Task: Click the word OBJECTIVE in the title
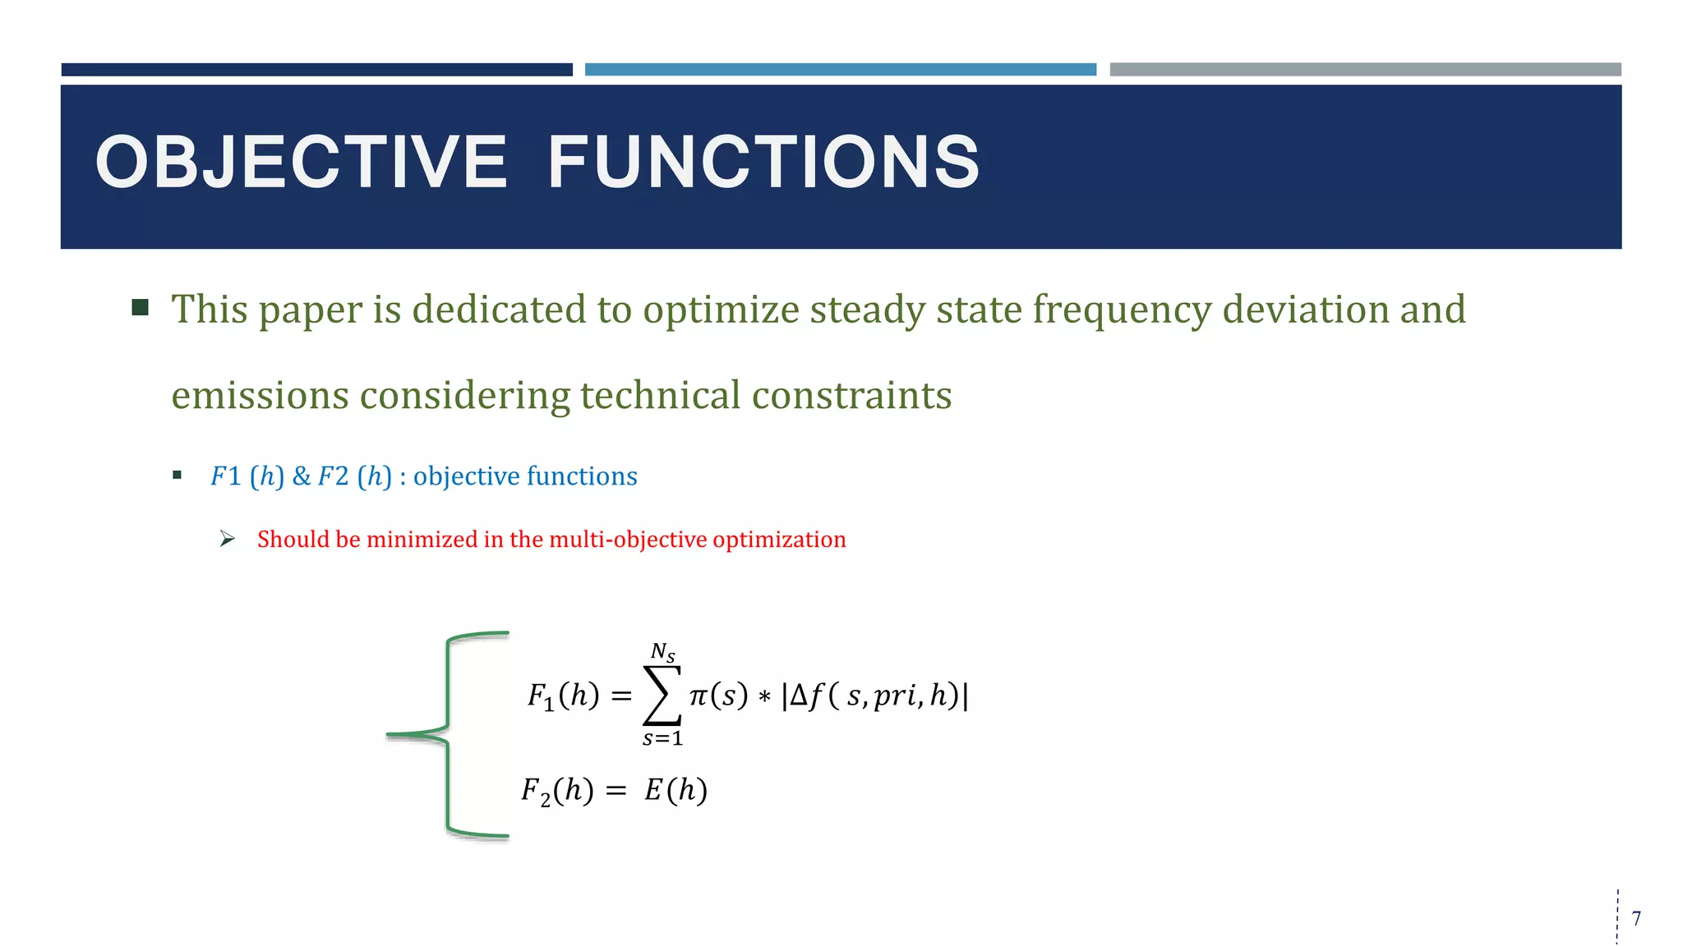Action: (x=302, y=163)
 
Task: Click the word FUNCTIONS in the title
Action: (x=763, y=163)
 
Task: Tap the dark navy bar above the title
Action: (x=316, y=70)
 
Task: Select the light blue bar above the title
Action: (x=840, y=70)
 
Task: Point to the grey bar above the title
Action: (x=1365, y=70)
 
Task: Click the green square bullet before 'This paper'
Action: (x=141, y=308)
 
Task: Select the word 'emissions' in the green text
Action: (x=260, y=396)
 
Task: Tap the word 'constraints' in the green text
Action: (x=851, y=396)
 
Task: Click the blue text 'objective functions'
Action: (x=525, y=476)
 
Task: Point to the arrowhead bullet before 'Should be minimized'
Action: (x=228, y=540)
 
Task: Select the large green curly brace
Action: (x=449, y=734)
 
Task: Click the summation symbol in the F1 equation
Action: (x=662, y=696)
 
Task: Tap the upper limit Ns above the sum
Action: (x=662, y=653)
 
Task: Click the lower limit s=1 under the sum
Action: (x=662, y=738)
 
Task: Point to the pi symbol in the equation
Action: (x=698, y=696)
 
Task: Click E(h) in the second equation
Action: (x=676, y=790)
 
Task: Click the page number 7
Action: (x=1636, y=918)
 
